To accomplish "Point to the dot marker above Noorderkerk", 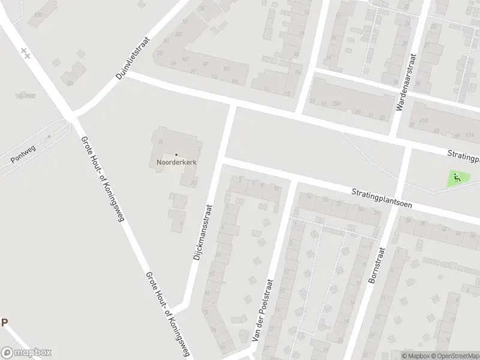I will click(x=176, y=155).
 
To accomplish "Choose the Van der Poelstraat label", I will click(x=262, y=311).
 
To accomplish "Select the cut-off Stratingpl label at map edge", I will click(x=464, y=157).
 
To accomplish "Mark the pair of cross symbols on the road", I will click(x=25, y=52).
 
